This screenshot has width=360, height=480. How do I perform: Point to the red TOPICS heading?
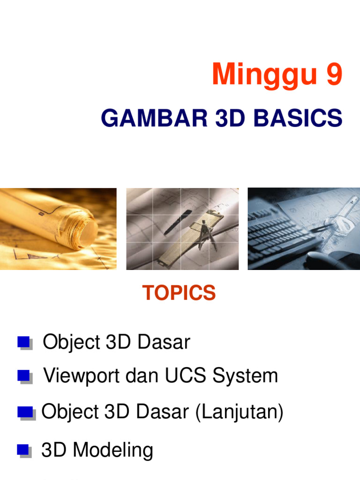pos(179,293)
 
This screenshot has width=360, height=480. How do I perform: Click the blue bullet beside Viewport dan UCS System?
pos(24,376)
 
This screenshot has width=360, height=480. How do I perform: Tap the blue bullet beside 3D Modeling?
pos(24,450)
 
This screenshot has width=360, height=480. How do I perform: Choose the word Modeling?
pos(113,450)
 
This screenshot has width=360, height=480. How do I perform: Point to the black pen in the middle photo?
pos(178,220)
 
